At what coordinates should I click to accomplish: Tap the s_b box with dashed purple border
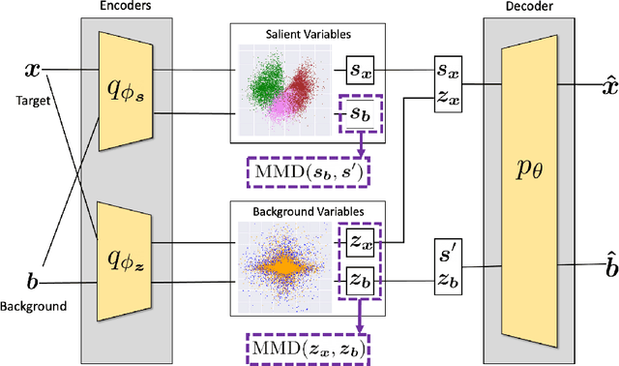(359, 115)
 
